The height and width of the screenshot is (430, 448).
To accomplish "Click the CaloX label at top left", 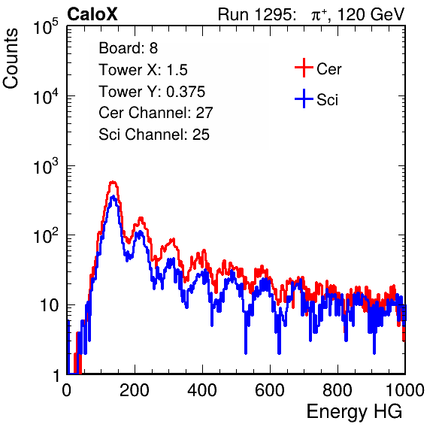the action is point(92,14).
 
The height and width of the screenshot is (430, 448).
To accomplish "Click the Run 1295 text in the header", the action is point(256,14).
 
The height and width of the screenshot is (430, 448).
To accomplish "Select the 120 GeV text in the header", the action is point(371,14).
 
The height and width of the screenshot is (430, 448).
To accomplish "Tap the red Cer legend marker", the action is point(304,68).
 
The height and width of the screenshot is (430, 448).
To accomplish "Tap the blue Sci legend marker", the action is point(304,98).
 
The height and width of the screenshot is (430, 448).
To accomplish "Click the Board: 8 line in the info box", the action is point(129,48).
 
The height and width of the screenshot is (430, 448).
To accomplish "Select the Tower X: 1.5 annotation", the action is point(143,70).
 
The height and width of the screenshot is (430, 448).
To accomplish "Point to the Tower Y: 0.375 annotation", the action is point(152,92).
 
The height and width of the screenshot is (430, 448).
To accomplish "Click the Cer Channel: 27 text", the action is point(156,113).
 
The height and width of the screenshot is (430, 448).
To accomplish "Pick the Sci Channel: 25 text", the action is point(154,135).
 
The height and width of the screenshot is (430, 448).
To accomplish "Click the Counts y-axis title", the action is point(11,59).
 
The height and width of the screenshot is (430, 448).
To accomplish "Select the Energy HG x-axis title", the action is point(354,412).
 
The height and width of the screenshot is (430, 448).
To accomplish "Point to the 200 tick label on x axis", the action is point(135,390).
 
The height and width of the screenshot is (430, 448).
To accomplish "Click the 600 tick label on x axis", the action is point(270,390).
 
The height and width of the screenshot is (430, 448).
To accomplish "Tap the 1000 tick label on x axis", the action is point(405,390).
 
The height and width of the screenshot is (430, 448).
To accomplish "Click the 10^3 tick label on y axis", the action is point(46,166).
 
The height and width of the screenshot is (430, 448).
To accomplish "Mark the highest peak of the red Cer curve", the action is point(114,182).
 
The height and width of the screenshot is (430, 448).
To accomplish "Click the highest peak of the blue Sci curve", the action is point(114,196).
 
